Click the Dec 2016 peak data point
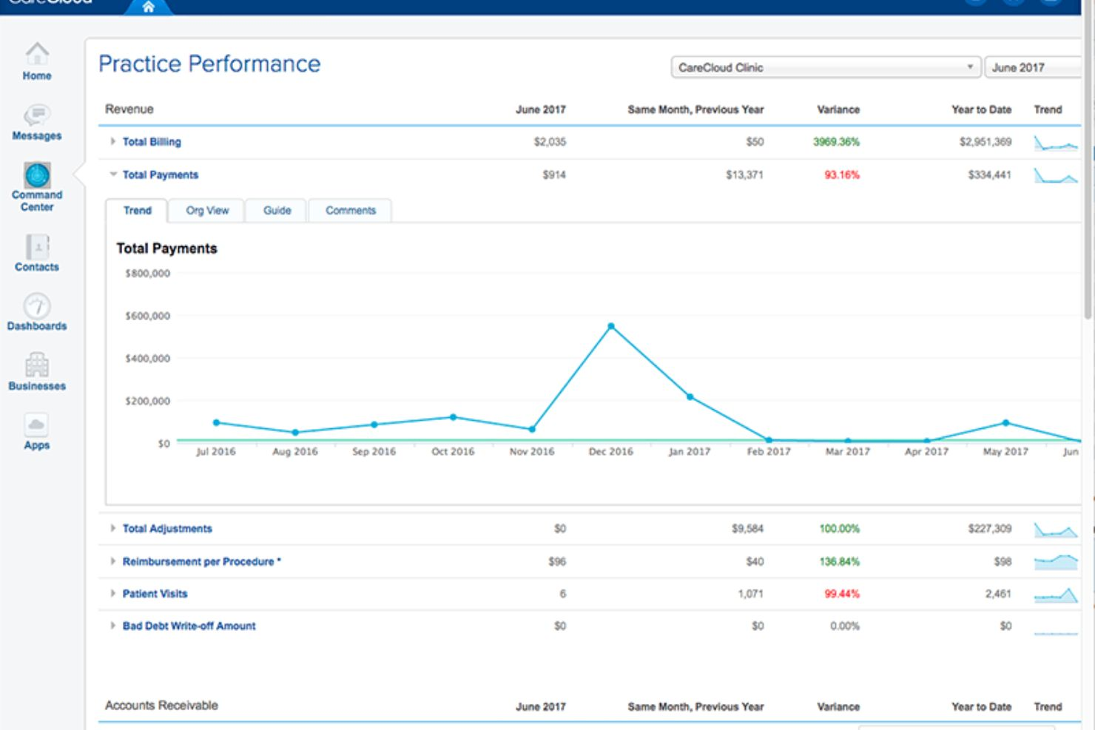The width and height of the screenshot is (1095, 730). point(611,326)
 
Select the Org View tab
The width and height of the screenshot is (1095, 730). point(207,211)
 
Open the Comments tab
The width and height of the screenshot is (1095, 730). point(351,211)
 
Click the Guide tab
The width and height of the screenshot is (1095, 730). point(277,211)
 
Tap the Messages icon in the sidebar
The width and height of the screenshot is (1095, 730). point(37,115)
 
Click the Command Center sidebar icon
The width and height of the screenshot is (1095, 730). point(37,175)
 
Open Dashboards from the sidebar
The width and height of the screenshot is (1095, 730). point(37,306)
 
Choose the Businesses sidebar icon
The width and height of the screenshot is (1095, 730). point(37,365)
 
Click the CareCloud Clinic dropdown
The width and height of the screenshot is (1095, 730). point(826,67)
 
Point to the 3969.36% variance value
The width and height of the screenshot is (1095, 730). point(836,142)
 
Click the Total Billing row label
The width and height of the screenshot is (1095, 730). point(152,142)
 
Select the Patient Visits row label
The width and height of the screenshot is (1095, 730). point(155,594)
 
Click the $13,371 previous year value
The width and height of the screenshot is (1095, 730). point(744,175)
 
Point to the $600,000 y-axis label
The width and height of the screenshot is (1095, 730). point(148,316)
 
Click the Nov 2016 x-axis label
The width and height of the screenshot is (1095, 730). point(532,451)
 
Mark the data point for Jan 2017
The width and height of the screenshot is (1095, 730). point(690,396)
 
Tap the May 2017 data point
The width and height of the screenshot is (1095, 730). point(1005,422)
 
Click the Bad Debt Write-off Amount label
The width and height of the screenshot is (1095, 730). point(189,626)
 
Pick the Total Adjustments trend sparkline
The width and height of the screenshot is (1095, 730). point(1056,530)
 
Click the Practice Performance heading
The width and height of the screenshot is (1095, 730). point(209,64)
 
